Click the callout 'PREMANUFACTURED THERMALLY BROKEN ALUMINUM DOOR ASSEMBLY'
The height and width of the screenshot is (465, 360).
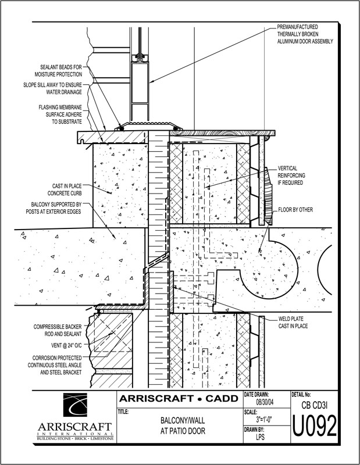click(305, 34)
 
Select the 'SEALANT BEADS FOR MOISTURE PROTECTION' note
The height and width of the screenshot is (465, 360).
click(58, 71)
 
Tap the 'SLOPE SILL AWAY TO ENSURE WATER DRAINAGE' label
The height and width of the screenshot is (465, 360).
click(52, 88)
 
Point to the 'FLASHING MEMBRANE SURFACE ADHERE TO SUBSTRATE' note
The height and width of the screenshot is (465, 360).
click(60, 115)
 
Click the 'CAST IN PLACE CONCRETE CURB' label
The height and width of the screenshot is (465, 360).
click(65, 189)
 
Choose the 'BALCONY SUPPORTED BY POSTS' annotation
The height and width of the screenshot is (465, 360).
click(54, 208)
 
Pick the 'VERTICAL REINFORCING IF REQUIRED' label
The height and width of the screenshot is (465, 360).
click(291, 176)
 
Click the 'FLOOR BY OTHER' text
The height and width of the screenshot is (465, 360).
click(295, 210)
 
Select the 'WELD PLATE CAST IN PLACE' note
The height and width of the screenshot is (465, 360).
click(293, 323)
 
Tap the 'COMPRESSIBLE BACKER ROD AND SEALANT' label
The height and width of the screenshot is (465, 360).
click(57, 330)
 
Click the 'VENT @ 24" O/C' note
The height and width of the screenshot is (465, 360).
click(66, 345)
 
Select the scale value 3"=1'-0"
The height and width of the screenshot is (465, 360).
click(264, 419)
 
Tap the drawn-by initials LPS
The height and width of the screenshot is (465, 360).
click(261, 437)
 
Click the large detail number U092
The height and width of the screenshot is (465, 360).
click(315, 425)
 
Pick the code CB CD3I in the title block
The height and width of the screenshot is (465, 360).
click(314, 405)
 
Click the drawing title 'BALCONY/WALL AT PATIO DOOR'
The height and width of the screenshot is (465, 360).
click(183, 425)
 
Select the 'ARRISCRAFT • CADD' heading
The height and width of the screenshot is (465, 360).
click(179, 398)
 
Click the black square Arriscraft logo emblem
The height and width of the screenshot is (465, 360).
click(75, 405)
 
